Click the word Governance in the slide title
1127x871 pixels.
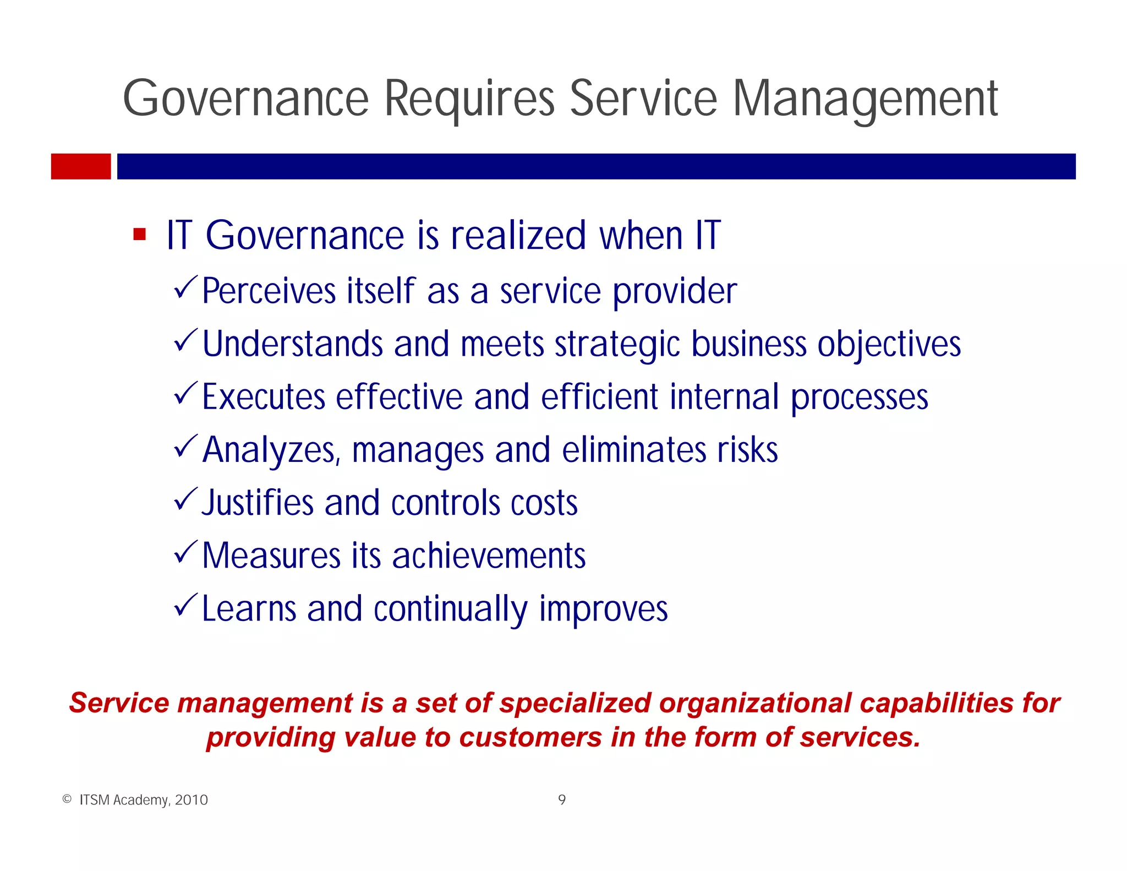[x=245, y=99]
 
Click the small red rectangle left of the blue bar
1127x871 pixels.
[x=81, y=166]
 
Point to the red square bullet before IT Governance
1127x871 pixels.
[x=140, y=235]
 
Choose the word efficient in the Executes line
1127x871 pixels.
[x=599, y=397]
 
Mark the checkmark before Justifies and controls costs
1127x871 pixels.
[x=185, y=499]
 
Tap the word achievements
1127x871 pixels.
[x=489, y=556]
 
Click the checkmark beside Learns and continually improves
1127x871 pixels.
[x=185, y=605]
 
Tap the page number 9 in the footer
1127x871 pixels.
[x=562, y=800]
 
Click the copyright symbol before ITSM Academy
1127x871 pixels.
[x=67, y=799]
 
